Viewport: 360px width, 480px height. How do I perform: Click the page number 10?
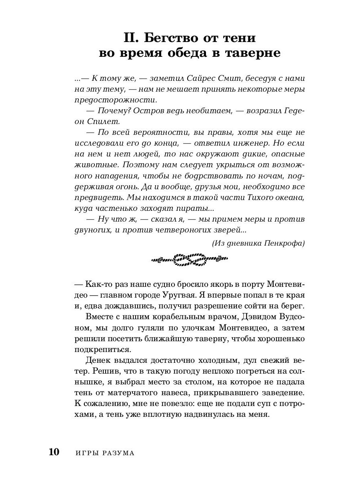pos(54,452)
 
